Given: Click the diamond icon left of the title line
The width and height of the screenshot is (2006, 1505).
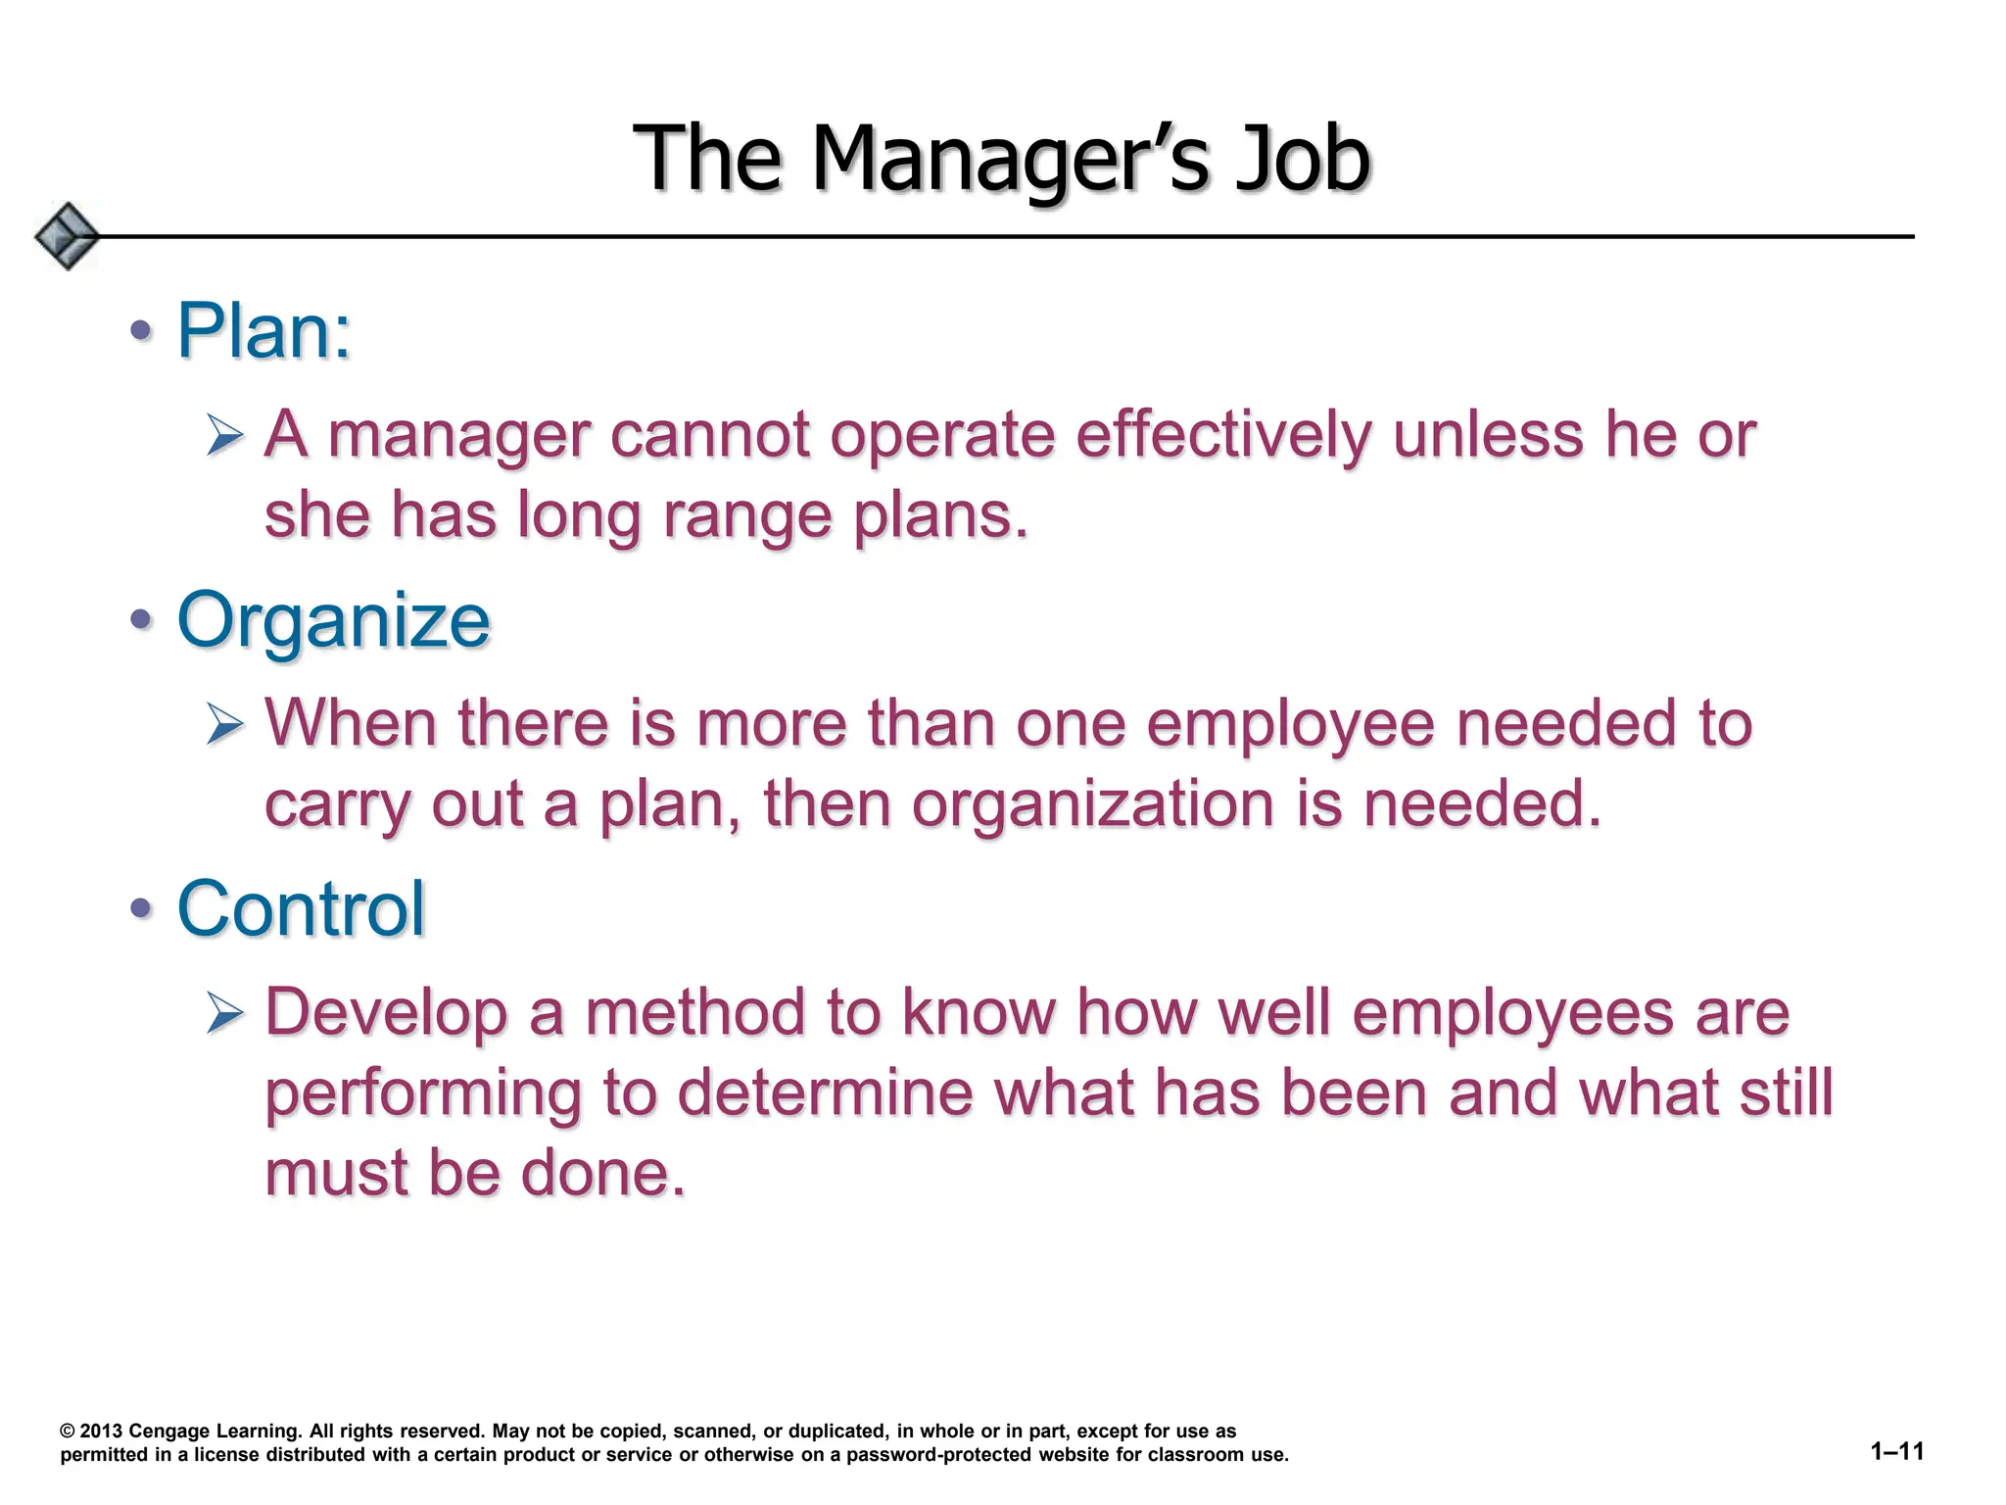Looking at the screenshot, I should tap(67, 236).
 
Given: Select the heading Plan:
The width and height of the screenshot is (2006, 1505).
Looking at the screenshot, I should tap(263, 331).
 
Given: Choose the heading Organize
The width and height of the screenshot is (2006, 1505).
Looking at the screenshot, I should tap(333, 620).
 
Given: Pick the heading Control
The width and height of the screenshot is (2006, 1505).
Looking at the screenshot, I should tap(301, 908).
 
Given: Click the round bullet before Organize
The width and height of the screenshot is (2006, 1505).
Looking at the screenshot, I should tap(142, 619).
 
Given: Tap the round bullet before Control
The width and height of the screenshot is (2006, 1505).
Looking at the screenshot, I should tap(142, 908).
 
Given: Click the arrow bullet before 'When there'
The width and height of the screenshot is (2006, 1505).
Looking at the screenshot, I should tap(225, 724).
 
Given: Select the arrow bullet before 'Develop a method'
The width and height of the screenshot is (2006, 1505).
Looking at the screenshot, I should tap(225, 1012).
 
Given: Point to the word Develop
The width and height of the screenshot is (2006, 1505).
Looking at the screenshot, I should tap(386, 1012).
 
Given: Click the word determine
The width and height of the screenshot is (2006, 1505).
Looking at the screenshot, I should tap(826, 1092).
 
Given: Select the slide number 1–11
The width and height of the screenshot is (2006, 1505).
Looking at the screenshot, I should tap(1897, 1451).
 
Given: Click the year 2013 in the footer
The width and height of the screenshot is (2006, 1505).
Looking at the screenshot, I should tap(101, 1432).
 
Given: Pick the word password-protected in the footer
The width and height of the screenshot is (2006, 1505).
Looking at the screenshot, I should tap(938, 1455).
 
